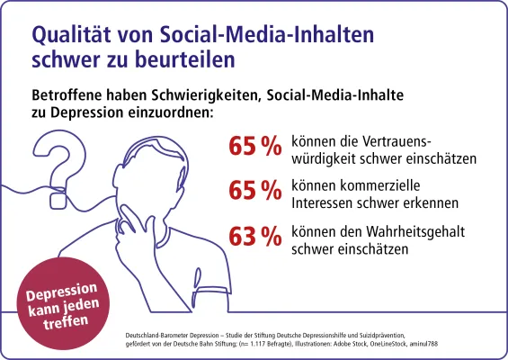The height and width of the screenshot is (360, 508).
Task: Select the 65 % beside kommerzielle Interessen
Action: (x=255, y=191)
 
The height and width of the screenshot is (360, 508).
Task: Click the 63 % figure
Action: (x=255, y=236)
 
